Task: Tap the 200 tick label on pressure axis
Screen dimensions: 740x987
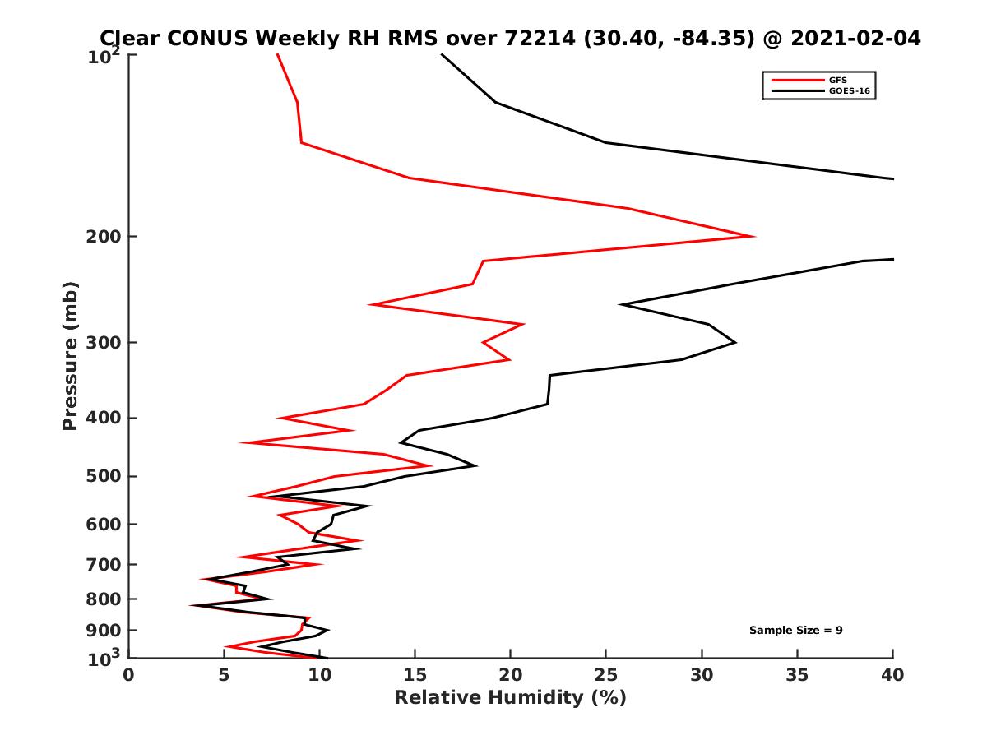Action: click(103, 237)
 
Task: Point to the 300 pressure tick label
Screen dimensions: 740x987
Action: click(103, 343)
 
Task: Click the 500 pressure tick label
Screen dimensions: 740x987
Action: click(103, 477)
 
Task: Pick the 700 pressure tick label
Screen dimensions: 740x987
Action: click(103, 565)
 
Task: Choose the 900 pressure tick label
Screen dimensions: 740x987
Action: click(103, 631)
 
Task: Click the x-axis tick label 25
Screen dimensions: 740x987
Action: click(606, 675)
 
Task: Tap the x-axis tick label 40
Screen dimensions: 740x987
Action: click(892, 675)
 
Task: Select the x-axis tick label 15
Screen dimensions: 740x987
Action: click(415, 675)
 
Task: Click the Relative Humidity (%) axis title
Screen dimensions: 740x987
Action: click(510, 698)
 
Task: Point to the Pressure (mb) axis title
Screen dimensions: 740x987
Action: click(70, 355)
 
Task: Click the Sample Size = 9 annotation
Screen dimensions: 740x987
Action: click(795, 631)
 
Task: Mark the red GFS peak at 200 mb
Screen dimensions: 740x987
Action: click(754, 237)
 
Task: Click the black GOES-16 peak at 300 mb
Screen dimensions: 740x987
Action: click(735, 342)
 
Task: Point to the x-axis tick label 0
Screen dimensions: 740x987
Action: click(128, 675)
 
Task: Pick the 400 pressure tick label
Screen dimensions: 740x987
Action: click(103, 419)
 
